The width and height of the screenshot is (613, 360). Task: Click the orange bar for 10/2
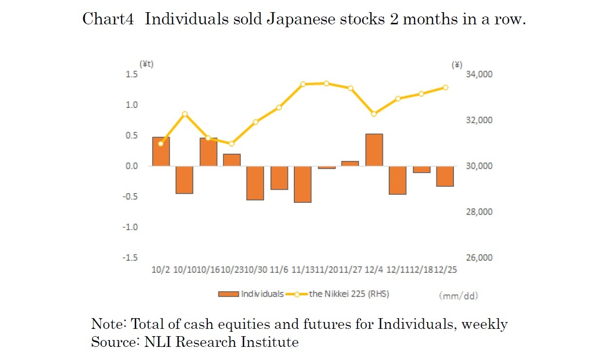tap(161, 151)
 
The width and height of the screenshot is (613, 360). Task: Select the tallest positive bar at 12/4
tap(374, 150)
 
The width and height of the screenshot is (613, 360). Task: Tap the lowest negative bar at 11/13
tap(303, 184)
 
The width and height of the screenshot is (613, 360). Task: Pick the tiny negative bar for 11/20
tap(326, 167)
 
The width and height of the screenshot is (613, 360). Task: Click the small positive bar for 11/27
tap(350, 163)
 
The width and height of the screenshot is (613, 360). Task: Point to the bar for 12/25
tap(445, 176)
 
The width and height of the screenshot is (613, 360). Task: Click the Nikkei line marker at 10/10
tap(185, 114)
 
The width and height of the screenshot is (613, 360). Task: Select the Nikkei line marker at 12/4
tap(374, 114)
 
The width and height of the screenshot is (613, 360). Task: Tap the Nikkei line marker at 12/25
tap(445, 88)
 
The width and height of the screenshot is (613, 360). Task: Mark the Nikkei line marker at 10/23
tap(232, 144)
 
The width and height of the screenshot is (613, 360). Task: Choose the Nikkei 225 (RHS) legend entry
tap(341, 294)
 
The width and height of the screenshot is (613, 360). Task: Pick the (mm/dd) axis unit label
tap(458, 295)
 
